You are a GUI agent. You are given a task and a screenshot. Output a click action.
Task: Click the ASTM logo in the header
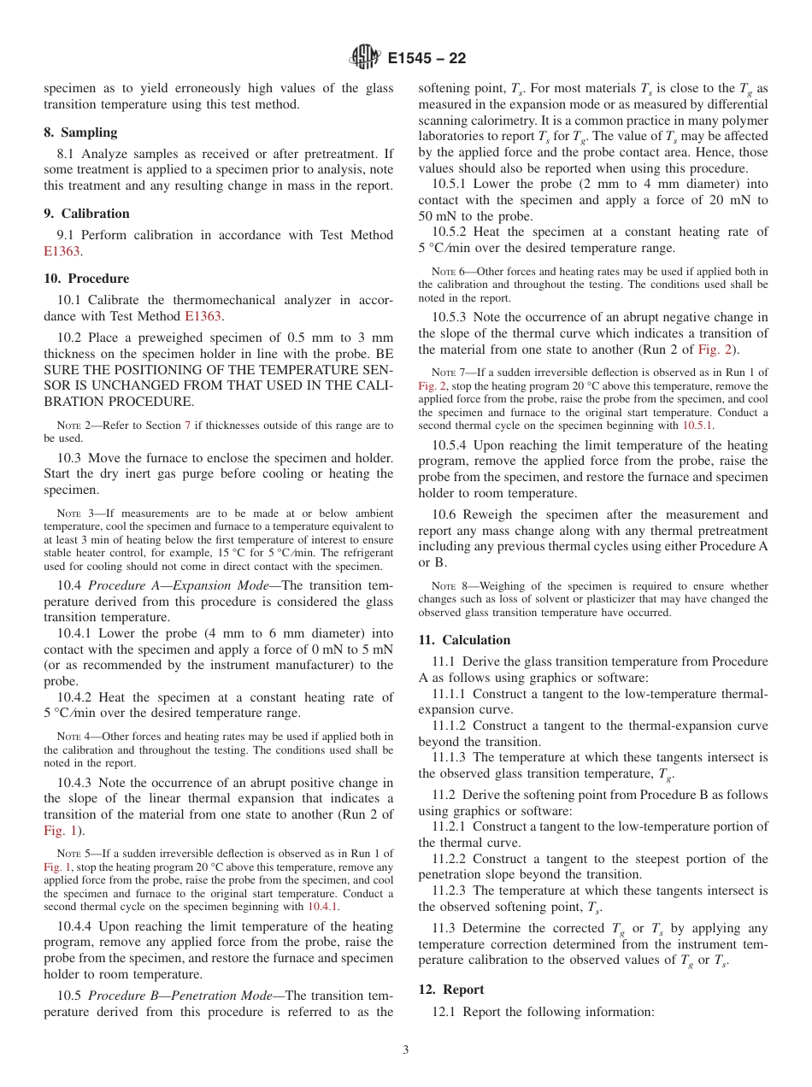tap(366, 58)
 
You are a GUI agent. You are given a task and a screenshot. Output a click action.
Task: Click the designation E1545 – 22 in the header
tap(427, 59)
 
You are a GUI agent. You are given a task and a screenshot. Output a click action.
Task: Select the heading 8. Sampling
tap(80, 132)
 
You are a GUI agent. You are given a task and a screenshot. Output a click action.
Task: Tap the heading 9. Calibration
tap(86, 214)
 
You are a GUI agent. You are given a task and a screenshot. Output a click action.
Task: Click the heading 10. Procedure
tap(86, 279)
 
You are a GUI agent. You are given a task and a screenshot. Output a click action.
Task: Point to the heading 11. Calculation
tap(464, 640)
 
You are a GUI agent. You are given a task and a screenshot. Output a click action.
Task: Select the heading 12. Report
tap(451, 990)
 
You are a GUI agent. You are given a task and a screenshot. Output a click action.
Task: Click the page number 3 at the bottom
tap(406, 1050)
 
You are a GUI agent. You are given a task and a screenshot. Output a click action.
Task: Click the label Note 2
tap(72, 426)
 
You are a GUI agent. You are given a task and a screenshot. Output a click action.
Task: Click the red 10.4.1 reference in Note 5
tap(322, 907)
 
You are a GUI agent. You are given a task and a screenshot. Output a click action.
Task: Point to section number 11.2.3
tap(450, 890)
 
